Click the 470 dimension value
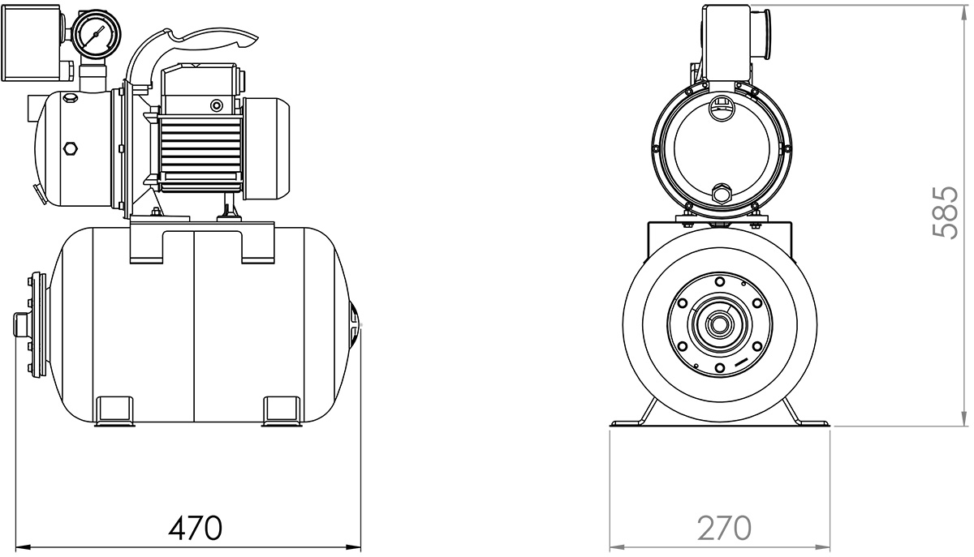196,528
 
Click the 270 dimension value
724,528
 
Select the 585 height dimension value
946,213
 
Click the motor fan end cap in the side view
266,148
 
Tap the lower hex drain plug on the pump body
70,148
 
